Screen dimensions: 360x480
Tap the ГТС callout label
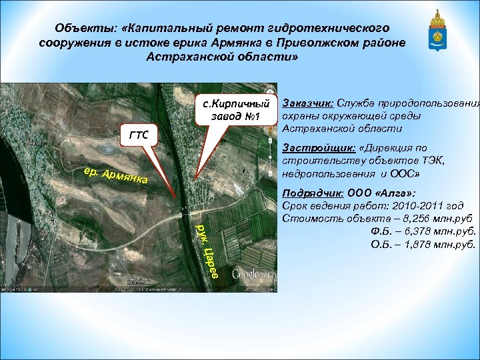pos(138,135)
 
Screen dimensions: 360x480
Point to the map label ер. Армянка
pos(116,174)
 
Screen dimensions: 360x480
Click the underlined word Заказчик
pos(307,103)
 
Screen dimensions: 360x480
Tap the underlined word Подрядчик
pos(312,193)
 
